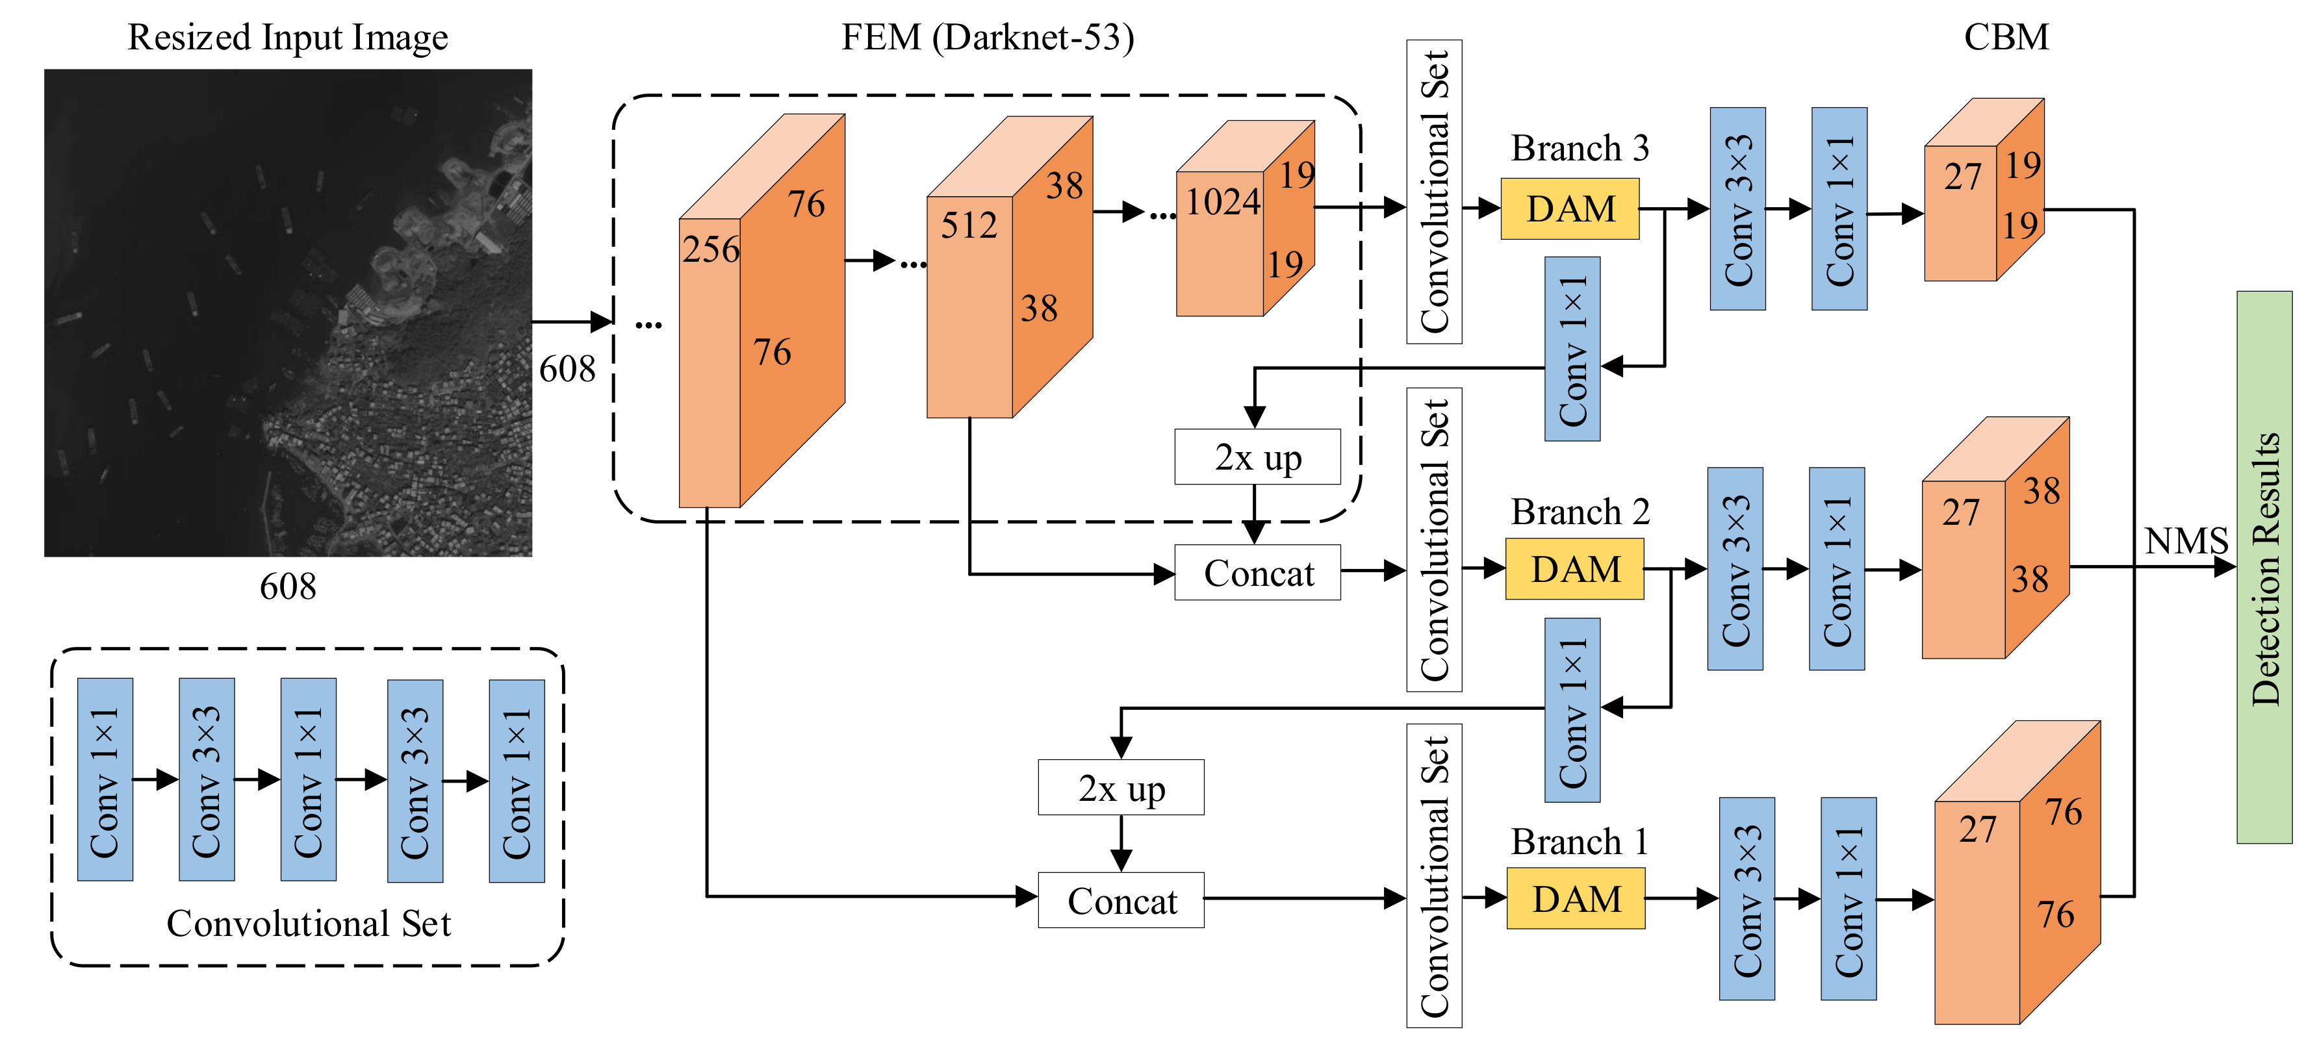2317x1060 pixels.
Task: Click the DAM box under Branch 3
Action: [x=1570, y=208]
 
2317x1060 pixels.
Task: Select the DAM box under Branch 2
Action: [x=1574, y=569]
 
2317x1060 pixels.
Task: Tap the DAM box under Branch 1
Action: [x=1576, y=898]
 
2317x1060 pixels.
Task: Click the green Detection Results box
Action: [x=2264, y=567]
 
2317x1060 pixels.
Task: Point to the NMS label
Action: [x=2186, y=541]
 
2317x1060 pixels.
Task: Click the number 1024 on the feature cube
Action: [x=1222, y=201]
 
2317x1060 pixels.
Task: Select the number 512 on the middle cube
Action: [x=969, y=225]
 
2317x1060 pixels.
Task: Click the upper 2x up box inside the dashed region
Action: [x=1257, y=457]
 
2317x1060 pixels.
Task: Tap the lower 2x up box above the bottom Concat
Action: [x=1121, y=788]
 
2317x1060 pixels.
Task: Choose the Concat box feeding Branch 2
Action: [x=1257, y=573]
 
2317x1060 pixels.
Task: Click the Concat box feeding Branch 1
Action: [x=1121, y=900]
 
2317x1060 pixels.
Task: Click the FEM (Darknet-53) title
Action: [x=987, y=38]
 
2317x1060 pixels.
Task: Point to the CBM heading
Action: [x=2006, y=38]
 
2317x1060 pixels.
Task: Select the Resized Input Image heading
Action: [x=288, y=38]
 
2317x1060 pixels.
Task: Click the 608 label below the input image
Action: [x=288, y=587]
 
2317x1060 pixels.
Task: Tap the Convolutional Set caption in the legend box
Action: [x=309, y=924]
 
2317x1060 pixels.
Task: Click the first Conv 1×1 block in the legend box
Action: [x=105, y=779]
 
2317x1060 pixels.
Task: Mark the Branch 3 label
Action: [x=1580, y=148]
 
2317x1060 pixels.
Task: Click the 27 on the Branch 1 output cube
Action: [x=1977, y=829]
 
